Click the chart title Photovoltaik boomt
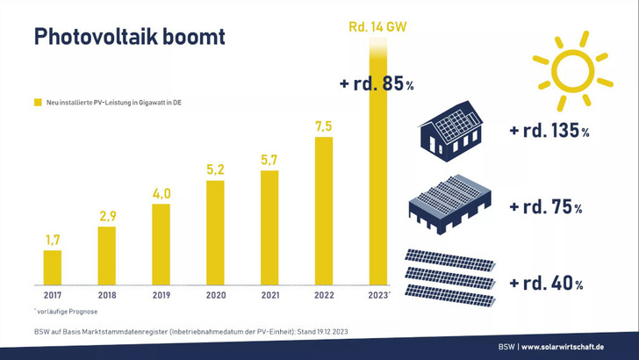(128, 37)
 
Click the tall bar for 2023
(378, 176)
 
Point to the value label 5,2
(215, 169)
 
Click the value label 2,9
(106, 215)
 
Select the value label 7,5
(324, 126)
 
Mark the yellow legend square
(38, 103)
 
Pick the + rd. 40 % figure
(546, 284)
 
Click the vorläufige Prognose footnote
(65, 311)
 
